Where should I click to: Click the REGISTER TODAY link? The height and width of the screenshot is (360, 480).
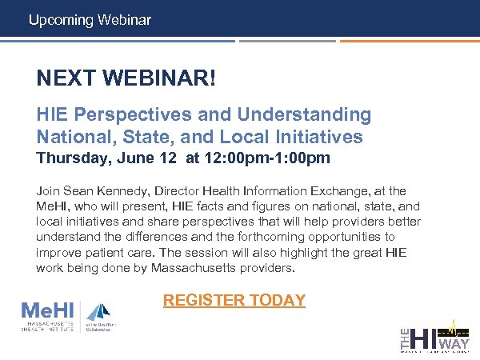pyautogui.click(x=234, y=301)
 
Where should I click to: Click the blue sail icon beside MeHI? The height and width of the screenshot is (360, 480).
pyautogui.click(x=98, y=310)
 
